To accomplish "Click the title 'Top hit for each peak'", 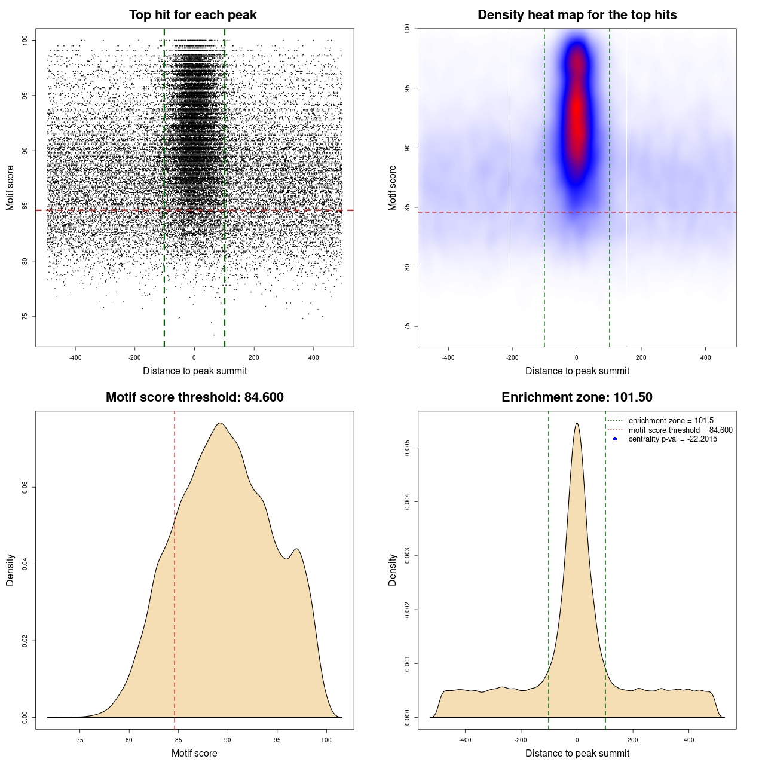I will [x=192, y=15].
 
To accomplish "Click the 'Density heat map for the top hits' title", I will [x=577, y=15].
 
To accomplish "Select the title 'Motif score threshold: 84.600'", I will [x=194, y=397].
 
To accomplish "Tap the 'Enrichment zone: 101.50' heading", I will [x=577, y=397].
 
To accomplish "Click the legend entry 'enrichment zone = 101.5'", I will [x=671, y=421].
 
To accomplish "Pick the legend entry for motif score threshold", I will [x=680, y=430].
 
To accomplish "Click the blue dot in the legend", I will [x=615, y=439].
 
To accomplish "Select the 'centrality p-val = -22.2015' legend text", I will [x=672, y=439].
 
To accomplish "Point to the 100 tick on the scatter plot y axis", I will [x=25, y=40].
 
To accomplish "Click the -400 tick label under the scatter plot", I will [x=75, y=358].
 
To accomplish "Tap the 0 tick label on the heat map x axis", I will [x=577, y=358].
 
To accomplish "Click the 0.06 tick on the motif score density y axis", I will [x=25, y=488].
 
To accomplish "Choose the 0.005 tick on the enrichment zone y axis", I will [x=407, y=448].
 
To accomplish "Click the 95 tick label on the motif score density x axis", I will [x=277, y=740].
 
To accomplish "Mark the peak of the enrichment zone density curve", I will [x=577, y=423].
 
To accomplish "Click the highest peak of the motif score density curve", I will [x=221, y=423].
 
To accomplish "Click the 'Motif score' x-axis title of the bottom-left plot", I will [x=194, y=753].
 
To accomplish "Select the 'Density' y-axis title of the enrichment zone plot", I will [x=393, y=570].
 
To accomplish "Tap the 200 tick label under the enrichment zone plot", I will [x=633, y=740].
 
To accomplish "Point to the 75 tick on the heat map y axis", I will [x=407, y=326].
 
